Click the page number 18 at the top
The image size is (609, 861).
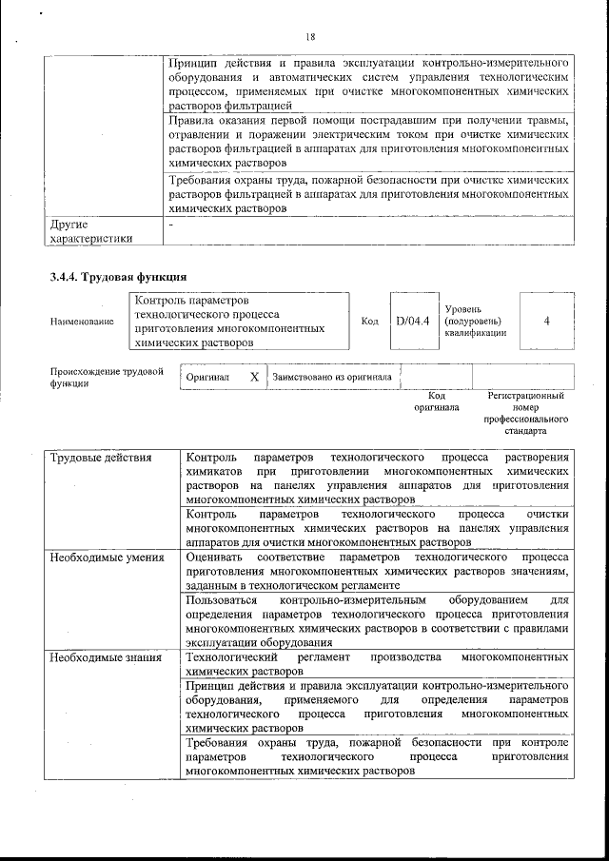click(x=310, y=37)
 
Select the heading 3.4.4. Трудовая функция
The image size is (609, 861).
click(x=117, y=277)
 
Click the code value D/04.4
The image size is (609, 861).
click(x=413, y=321)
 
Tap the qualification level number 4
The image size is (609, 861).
click(x=546, y=321)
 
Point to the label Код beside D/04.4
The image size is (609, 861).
click(x=370, y=321)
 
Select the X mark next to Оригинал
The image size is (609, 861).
click(x=254, y=377)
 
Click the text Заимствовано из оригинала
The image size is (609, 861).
click(x=331, y=377)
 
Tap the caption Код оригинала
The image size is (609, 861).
click(x=437, y=401)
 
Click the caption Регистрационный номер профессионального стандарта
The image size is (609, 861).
click(x=525, y=413)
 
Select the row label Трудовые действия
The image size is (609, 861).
click(x=101, y=458)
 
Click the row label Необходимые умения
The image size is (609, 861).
click(x=107, y=558)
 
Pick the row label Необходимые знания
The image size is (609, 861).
click(x=106, y=657)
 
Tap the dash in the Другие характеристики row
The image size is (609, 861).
click(x=170, y=225)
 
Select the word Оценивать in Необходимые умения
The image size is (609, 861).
click(x=215, y=558)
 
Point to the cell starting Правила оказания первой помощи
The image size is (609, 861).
click(x=368, y=147)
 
